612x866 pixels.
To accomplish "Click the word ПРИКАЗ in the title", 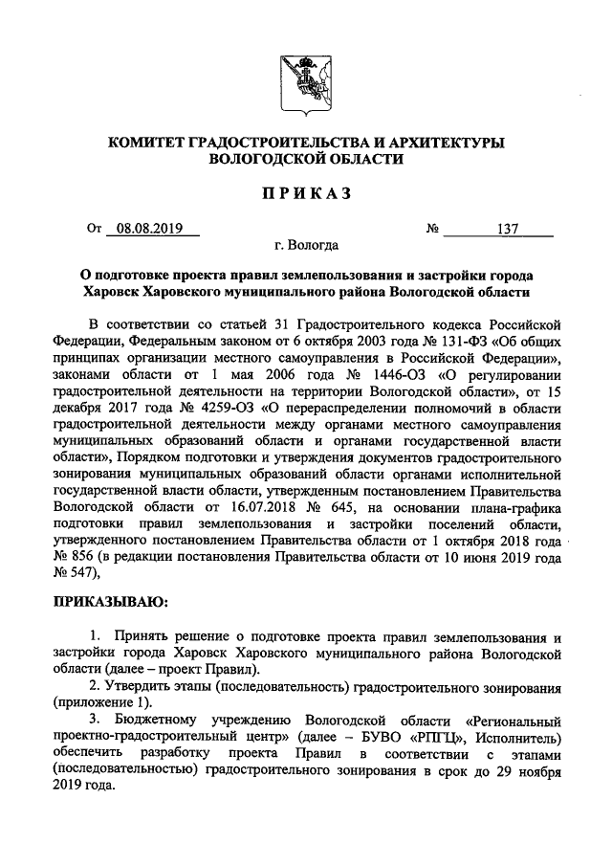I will (x=306, y=193).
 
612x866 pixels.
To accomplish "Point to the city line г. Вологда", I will (x=305, y=246).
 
